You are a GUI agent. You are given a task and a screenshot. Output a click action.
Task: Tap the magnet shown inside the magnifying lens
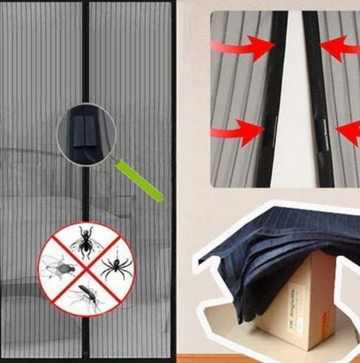(85, 132)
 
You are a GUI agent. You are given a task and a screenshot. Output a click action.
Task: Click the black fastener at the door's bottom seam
(85, 352)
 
